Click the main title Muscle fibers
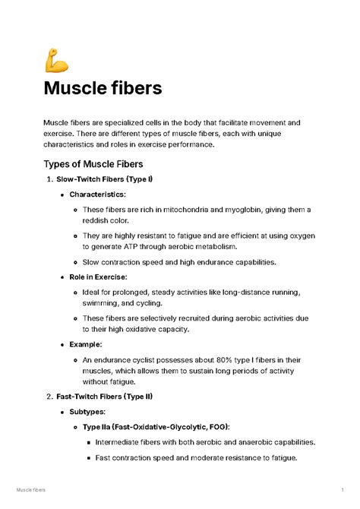click(x=103, y=88)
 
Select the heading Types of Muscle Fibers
click(x=93, y=163)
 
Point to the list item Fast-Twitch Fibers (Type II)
click(x=106, y=397)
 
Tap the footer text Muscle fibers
click(x=31, y=492)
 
